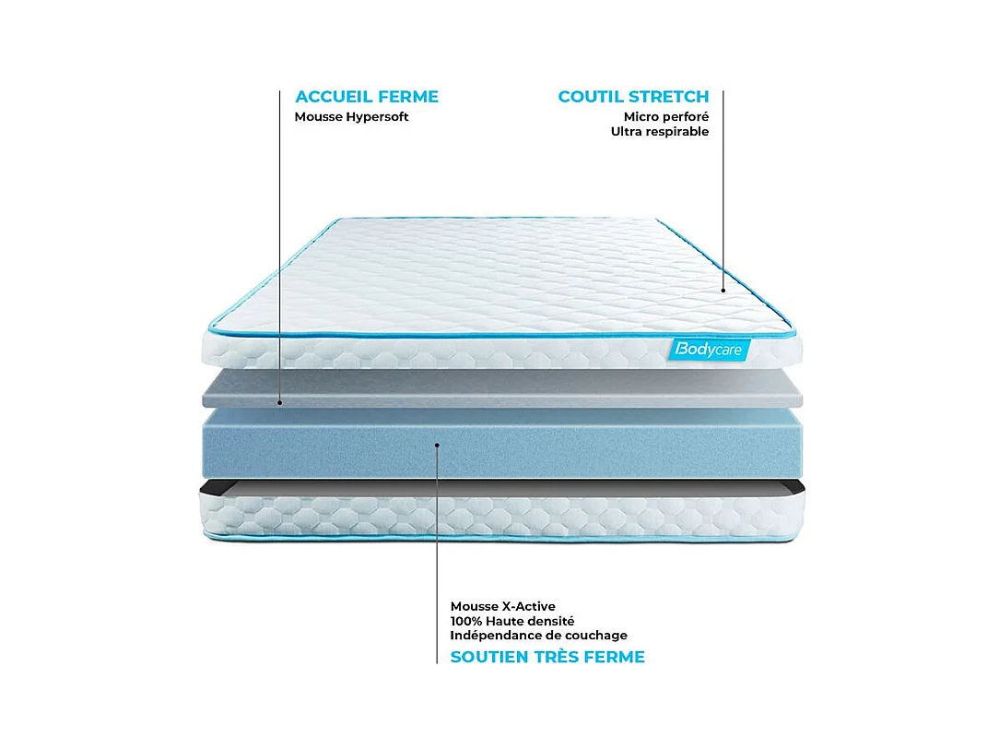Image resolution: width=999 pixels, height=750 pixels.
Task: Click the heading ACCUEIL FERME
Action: coord(366,97)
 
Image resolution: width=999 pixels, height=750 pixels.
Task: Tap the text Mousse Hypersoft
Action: coord(351,117)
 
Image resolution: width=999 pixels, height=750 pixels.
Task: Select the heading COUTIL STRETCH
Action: coord(633,97)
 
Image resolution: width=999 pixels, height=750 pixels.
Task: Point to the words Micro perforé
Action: coord(665,117)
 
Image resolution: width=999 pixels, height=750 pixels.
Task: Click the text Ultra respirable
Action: coord(659,132)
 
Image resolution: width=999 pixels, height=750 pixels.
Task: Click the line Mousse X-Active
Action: coord(502,606)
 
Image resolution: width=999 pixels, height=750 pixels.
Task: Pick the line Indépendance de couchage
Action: coord(538,636)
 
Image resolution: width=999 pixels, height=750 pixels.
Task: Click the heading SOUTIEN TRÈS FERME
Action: coord(547,658)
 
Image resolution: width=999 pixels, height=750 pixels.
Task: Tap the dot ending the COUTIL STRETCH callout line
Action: coord(723,291)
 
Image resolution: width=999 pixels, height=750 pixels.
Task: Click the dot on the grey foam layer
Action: coord(280,403)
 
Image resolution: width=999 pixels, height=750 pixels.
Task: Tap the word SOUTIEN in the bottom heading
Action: coord(488,658)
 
